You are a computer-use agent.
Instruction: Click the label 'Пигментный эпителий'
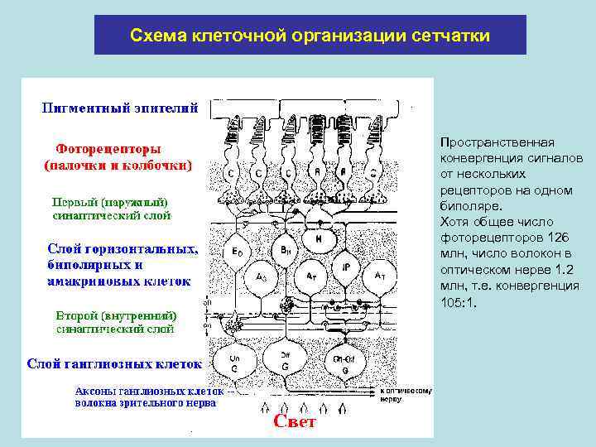(120, 107)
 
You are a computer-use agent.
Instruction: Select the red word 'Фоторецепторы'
(103, 150)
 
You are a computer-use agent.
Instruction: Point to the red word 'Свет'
(294, 422)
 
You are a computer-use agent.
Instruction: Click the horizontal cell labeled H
(319, 238)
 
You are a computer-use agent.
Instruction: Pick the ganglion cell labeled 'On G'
(234, 362)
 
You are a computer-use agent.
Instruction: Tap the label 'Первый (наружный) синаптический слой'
(112, 209)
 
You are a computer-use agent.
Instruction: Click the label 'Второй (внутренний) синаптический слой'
(115, 322)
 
